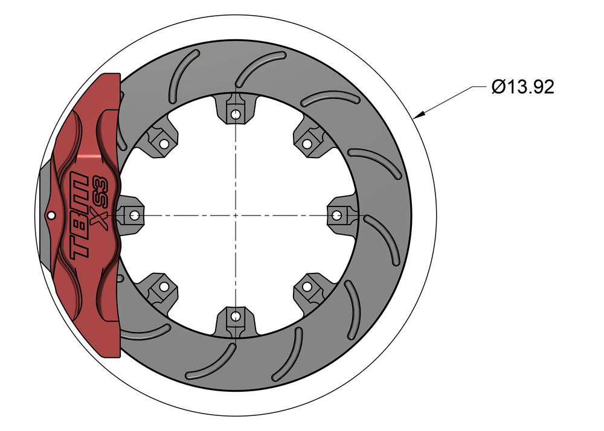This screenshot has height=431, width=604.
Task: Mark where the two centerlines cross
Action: (235, 215)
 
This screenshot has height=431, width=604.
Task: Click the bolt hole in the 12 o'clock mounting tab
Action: (235, 113)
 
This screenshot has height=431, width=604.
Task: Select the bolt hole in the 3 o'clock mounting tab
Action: (337, 215)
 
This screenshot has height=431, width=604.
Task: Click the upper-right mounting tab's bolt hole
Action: (307, 144)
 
